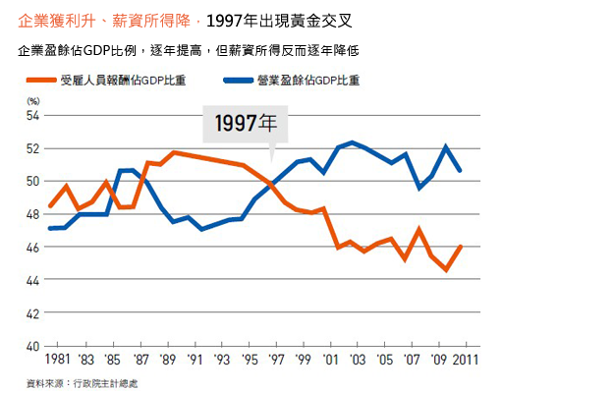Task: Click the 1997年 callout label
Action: [x=246, y=123]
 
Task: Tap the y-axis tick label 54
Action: [x=32, y=116]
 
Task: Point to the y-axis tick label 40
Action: [x=32, y=347]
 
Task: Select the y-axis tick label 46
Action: [x=32, y=248]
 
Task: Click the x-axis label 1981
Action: [x=57, y=360]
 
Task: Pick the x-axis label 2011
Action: [x=466, y=360]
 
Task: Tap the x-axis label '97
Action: [x=276, y=360]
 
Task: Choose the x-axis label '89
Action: [x=168, y=360]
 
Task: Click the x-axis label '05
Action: [x=385, y=360]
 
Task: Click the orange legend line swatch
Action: [x=41, y=81]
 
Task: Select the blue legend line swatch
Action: [x=238, y=81]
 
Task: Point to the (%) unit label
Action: [x=33, y=101]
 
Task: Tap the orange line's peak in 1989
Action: [x=174, y=152]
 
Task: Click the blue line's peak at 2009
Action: [x=446, y=146]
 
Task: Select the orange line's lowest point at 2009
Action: [x=446, y=270]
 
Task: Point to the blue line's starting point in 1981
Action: [x=50, y=228]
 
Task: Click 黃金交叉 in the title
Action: [x=320, y=21]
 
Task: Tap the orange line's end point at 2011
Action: [x=461, y=247]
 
